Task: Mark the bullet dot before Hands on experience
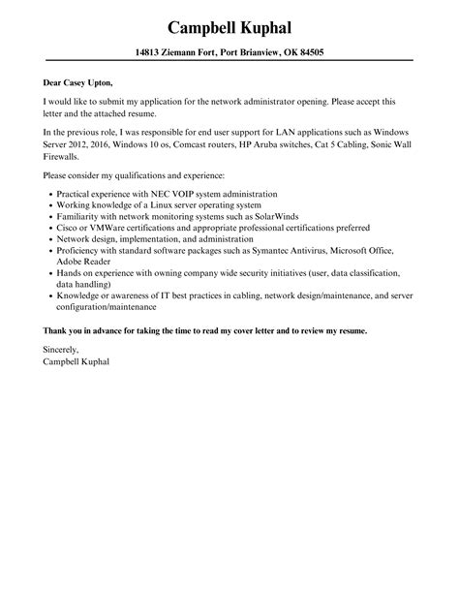pos(49,274)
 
